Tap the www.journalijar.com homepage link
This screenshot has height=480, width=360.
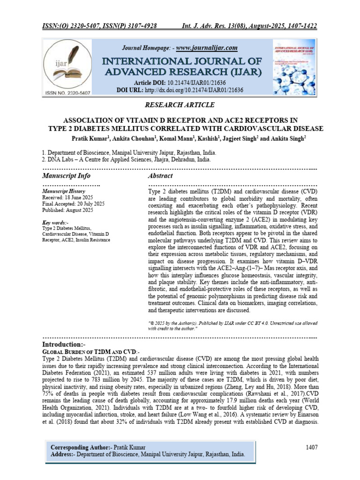coord(207,48)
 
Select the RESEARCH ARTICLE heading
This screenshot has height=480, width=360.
coord(180,105)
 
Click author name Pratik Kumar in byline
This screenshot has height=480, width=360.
coord(90,138)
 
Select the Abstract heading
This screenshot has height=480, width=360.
coord(160,176)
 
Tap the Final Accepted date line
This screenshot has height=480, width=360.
coord(73,204)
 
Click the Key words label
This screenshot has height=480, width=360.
coord(55,222)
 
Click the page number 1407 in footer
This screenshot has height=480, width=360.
coord(312,447)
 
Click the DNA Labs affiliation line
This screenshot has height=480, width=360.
coord(127,159)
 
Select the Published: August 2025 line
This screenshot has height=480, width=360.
coord(67,210)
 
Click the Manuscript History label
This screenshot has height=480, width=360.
coord(63,192)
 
